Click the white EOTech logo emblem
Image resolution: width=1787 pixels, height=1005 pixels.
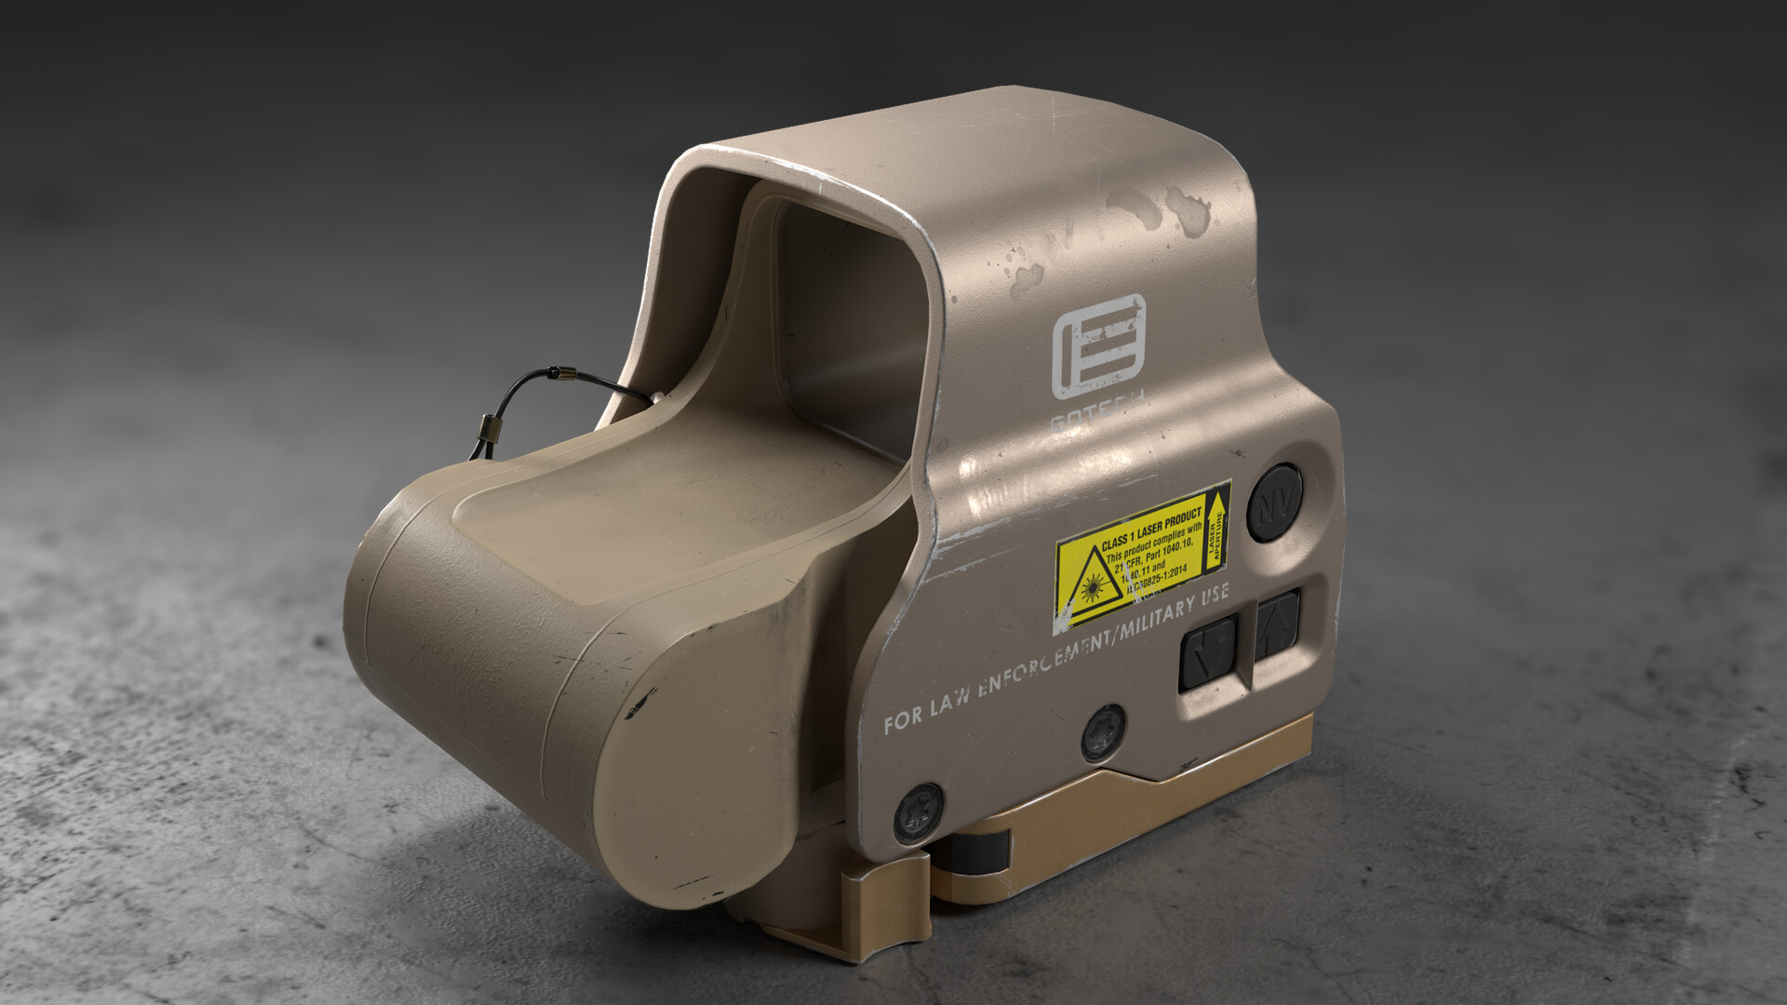pyautogui.click(x=1098, y=346)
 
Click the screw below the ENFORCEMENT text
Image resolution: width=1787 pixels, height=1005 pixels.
pyautogui.click(x=1104, y=730)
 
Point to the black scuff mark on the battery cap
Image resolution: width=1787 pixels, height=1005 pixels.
pyautogui.click(x=640, y=702)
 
